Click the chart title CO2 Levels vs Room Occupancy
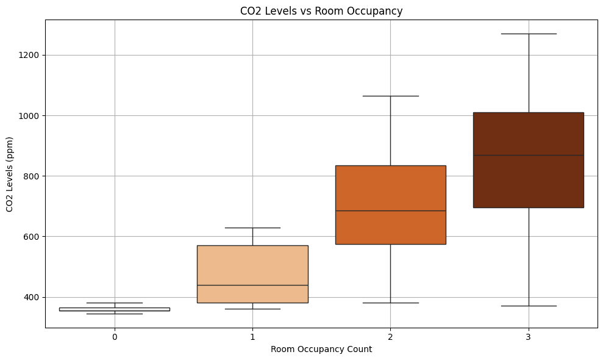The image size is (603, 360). (x=321, y=11)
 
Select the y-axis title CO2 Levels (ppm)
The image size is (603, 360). (x=10, y=174)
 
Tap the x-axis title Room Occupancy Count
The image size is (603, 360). (x=321, y=350)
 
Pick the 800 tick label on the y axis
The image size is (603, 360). (x=33, y=176)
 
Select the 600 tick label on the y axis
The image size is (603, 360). (x=33, y=237)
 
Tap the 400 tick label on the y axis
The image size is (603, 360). (x=33, y=297)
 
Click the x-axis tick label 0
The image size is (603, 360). (x=115, y=337)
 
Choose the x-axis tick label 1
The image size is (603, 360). (x=252, y=337)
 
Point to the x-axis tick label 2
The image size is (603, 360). (x=390, y=337)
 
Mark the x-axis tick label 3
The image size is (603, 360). (x=529, y=337)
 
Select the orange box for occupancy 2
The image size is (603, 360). (x=390, y=189)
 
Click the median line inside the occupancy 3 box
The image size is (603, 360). (x=529, y=155)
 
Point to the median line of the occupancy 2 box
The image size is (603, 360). (x=390, y=211)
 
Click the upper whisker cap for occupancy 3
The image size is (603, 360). (x=529, y=34)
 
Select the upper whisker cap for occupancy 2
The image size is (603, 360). (x=390, y=96)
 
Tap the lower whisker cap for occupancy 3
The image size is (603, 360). (x=529, y=306)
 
